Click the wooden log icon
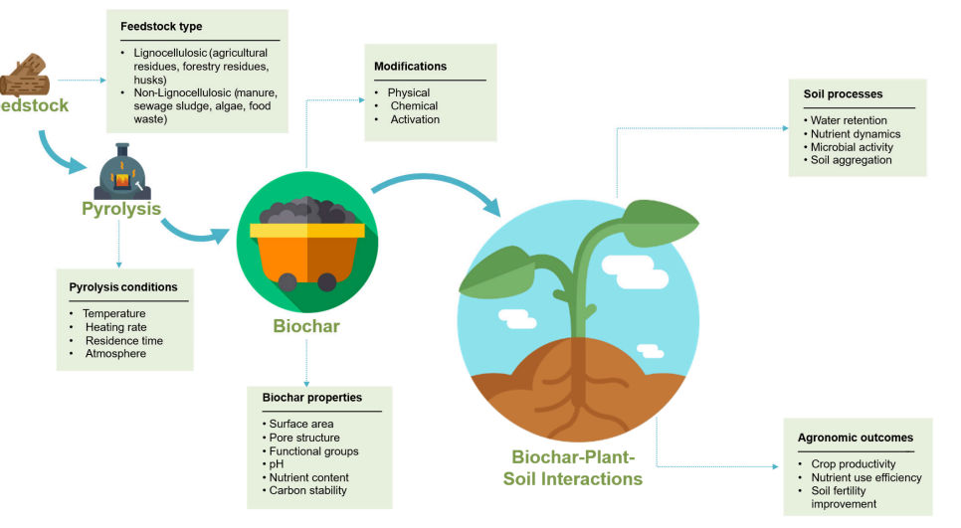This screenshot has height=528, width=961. [25, 76]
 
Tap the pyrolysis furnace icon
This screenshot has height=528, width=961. [122, 172]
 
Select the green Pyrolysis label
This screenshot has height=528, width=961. [121, 209]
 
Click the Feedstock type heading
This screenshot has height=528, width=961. [161, 26]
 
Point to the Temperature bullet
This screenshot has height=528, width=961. [114, 313]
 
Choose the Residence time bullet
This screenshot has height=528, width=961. [123, 341]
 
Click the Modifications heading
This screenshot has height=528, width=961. [411, 67]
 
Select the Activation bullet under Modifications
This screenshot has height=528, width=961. [415, 119]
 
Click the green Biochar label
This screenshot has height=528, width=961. [306, 326]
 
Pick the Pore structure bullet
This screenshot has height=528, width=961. [304, 438]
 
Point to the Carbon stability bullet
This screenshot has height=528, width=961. [307, 490]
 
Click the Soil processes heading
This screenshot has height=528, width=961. [844, 93]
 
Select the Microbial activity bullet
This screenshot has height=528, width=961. [852, 147]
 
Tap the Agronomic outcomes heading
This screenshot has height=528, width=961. [856, 438]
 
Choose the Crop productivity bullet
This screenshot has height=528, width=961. [854, 463]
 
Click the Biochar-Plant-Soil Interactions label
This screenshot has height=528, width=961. [573, 468]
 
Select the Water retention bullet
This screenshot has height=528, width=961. [849, 120]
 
